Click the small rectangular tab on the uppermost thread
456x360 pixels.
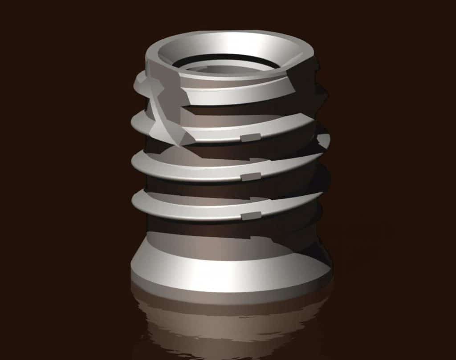250,137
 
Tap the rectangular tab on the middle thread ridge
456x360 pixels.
250,177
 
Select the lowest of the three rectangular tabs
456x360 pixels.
250,216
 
